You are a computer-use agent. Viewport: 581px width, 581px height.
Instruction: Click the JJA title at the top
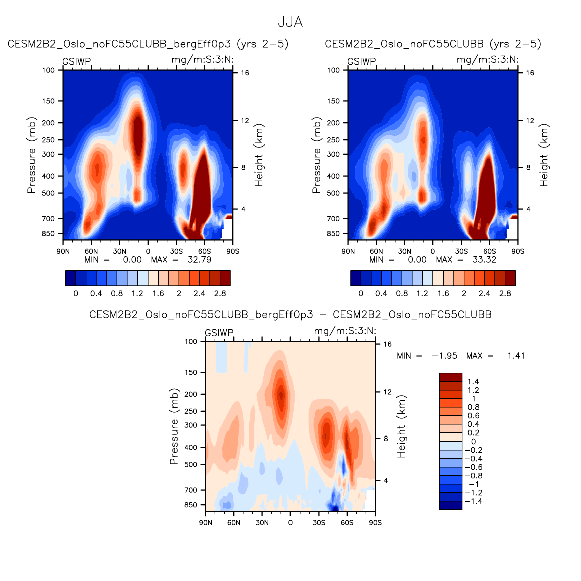290,22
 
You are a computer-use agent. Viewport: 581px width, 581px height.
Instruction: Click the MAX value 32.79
199,260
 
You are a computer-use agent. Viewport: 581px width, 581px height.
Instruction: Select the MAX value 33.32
484,260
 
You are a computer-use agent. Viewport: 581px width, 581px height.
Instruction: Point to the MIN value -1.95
445,356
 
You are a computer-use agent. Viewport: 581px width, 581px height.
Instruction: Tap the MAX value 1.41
516,356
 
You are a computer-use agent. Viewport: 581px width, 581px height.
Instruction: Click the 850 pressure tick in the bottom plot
191,505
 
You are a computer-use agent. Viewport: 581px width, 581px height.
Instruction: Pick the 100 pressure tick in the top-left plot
48,70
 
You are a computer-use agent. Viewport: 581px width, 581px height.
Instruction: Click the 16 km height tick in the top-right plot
530,73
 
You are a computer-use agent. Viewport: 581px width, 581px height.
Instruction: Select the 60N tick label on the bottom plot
234,523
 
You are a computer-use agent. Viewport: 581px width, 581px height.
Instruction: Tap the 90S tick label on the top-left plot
233,251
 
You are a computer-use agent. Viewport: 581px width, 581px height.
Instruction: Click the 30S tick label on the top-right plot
461,251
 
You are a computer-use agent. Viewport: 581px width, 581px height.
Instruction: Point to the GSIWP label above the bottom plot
219,333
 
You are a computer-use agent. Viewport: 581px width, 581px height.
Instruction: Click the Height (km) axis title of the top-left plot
259,156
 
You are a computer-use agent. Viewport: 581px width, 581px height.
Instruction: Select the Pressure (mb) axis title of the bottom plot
174,426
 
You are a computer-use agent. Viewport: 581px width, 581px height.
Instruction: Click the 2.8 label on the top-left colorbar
220,293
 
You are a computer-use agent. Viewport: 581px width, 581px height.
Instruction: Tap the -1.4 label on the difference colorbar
473,501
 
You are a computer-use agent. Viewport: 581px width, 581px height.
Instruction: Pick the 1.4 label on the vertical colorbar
473,382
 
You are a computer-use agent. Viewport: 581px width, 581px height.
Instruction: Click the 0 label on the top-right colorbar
361,293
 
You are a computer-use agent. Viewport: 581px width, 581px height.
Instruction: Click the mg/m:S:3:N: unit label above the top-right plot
487,60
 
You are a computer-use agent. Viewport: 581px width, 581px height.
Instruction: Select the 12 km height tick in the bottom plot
387,392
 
